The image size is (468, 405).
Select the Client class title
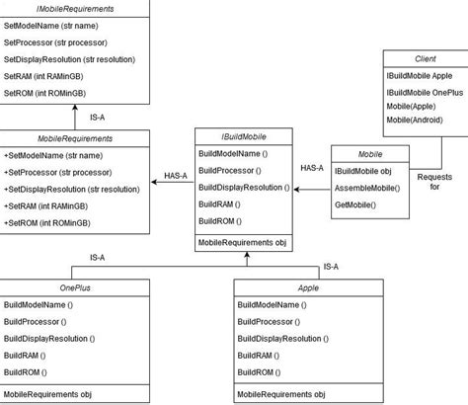point(425,57)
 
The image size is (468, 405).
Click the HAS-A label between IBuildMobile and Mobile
point(311,168)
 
